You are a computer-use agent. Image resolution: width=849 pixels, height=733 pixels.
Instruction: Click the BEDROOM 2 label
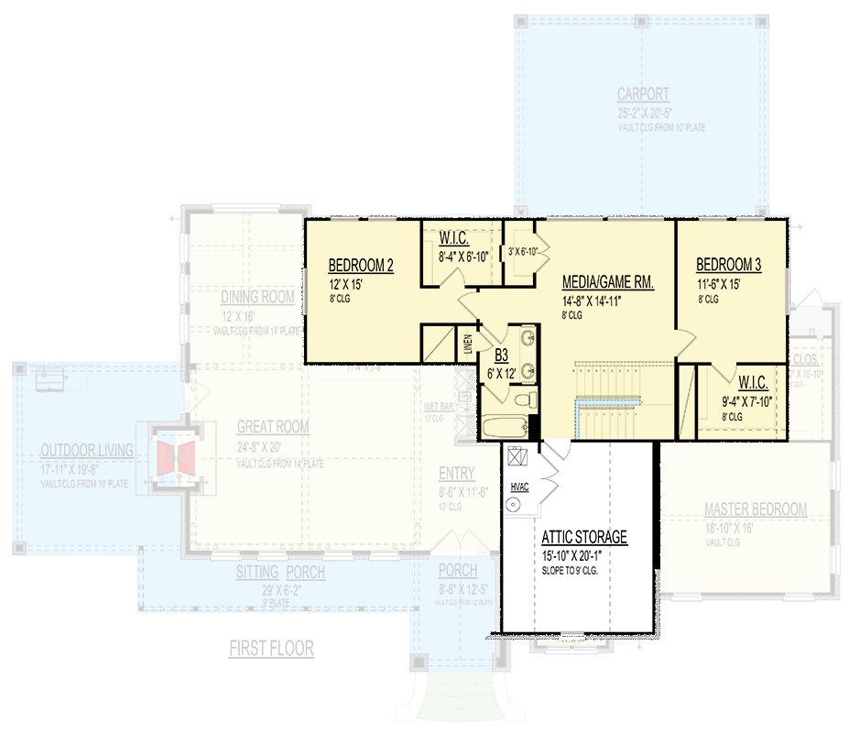click(361, 267)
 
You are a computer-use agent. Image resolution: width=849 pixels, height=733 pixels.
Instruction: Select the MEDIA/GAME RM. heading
click(607, 283)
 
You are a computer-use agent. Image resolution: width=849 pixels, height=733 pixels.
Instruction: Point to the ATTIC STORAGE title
click(583, 538)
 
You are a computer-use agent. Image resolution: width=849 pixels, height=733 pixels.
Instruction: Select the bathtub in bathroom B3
click(502, 427)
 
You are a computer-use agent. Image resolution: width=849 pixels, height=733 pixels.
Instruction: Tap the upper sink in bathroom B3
click(526, 338)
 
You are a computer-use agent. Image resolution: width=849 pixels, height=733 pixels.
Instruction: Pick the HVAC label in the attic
click(519, 487)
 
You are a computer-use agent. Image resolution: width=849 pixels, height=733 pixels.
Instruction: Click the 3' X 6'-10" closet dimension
click(527, 251)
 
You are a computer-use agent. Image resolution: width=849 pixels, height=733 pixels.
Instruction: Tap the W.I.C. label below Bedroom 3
click(753, 382)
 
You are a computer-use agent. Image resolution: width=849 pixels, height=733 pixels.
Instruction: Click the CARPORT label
click(642, 94)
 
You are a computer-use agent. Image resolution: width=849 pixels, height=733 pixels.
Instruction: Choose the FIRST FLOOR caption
click(271, 649)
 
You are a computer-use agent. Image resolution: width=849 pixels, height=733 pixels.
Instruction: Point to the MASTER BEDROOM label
click(755, 509)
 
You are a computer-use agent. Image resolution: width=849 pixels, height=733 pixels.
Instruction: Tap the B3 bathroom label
click(501, 356)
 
